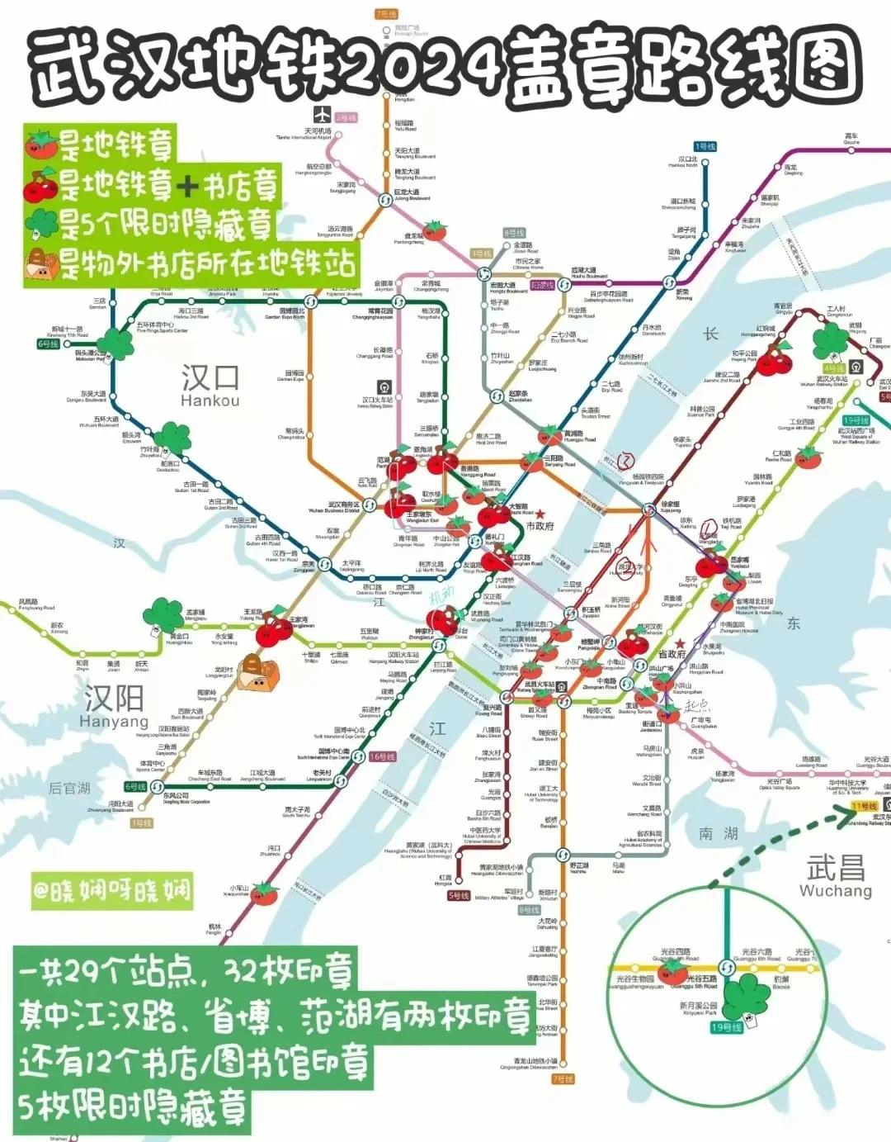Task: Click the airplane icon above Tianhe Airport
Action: click(322, 114)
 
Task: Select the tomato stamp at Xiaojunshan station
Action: click(264, 893)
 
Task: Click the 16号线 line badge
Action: click(382, 756)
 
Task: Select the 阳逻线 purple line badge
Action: click(542, 285)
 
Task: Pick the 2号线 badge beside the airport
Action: click(346, 118)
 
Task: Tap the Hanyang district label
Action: click(114, 707)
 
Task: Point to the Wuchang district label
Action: click(835, 876)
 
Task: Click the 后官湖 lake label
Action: click(69, 788)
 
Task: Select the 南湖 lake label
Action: click(718, 834)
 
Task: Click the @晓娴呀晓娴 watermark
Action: click(111, 890)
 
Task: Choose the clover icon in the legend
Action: click(40, 222)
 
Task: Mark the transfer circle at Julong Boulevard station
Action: click(385, 200)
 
